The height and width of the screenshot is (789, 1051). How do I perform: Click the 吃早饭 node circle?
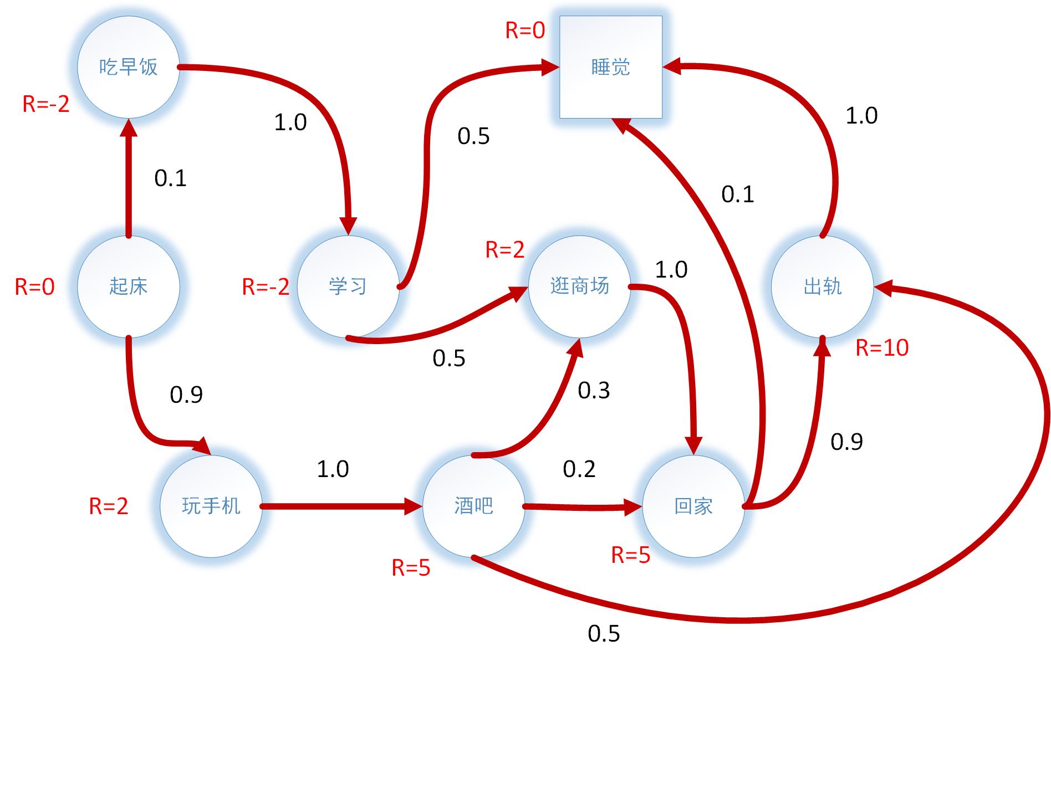(x=128, y=67)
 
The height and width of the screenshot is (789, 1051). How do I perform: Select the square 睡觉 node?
(x=610, y=67)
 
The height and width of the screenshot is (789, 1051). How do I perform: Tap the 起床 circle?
(x=128, y=286)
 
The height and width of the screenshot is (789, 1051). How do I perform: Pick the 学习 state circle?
(x=348, y=286)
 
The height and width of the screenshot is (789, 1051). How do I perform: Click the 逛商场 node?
(x=579, y=286)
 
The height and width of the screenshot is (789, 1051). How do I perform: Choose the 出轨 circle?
(x=822, y=286)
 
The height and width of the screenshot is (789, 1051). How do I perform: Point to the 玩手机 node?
(x=211, y=506)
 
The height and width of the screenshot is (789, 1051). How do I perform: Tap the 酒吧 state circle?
(x=473, y=506)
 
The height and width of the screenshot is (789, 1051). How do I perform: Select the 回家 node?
(x=693, y=506)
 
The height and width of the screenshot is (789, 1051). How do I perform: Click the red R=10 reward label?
(x=881, y=348)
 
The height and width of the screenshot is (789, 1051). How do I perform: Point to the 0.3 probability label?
(x=594, y=391)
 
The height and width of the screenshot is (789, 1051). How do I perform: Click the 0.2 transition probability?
(x=579, y=469)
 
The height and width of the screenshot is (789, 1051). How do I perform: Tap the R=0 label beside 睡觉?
(x=525, y=30)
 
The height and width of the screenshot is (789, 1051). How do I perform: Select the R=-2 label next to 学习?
(x=266, y=287)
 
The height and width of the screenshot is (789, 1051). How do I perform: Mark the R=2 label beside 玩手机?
(x=109, y=506)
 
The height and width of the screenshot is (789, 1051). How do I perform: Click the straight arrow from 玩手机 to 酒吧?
(x=338, y=506)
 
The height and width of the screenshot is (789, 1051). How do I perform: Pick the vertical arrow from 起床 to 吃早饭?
(x=129, y=177)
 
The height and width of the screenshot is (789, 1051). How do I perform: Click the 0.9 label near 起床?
(x=186, y=394)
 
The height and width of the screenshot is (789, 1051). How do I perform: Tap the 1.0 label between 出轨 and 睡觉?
(x=861, y=116)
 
